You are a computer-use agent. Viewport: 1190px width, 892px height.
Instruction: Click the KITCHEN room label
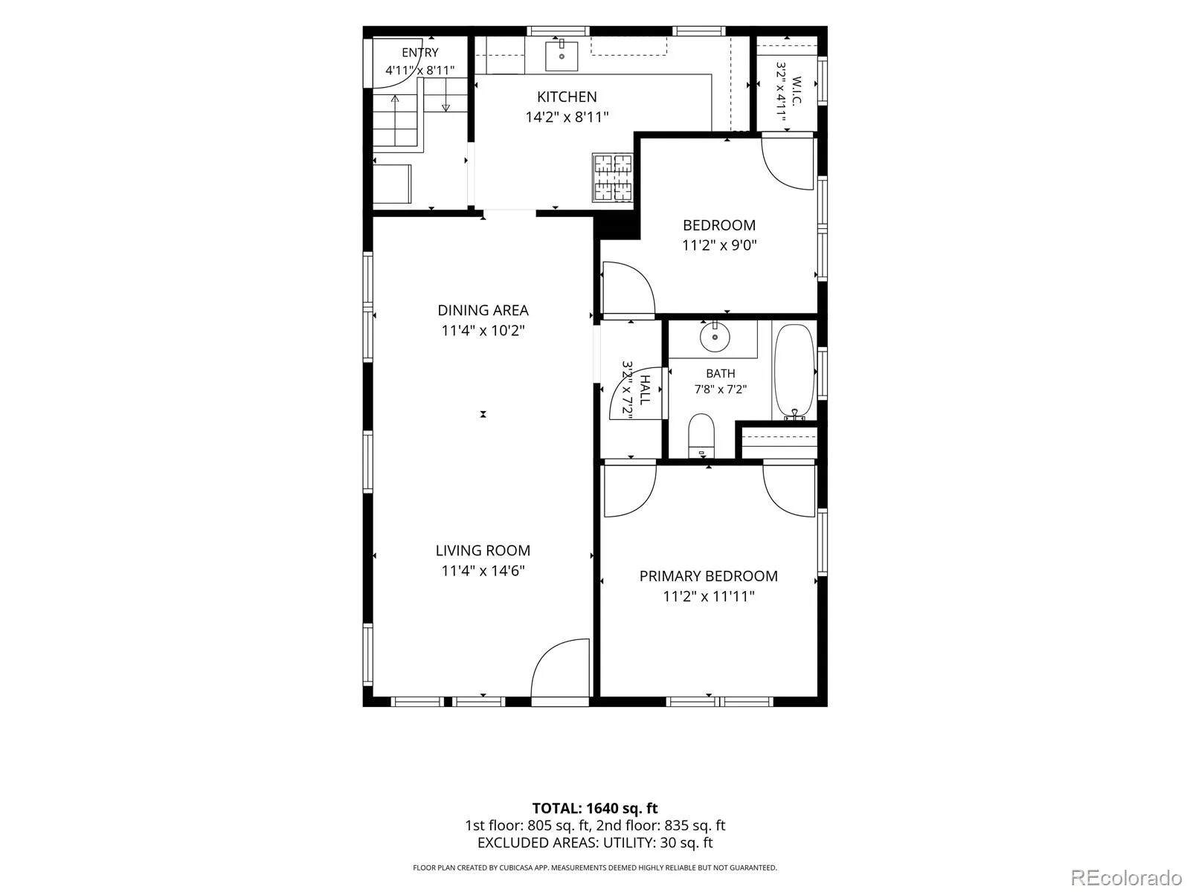pos(567,97)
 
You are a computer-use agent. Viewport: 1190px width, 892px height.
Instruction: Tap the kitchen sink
pos(561,56)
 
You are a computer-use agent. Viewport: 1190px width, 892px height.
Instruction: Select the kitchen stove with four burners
pos(613,178)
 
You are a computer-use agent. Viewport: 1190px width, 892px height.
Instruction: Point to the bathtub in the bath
pos(794,372)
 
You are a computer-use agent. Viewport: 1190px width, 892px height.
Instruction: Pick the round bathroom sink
pos(715,337)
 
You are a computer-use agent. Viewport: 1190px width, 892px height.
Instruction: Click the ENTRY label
pos(419,53)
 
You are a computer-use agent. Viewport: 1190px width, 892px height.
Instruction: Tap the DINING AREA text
pos(483,310)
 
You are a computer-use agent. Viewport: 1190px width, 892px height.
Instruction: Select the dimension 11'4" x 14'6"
pos(483,571)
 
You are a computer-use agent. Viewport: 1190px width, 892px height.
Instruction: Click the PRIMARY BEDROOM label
pos(708,576)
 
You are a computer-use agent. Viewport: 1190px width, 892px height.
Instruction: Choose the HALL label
pos(645,390)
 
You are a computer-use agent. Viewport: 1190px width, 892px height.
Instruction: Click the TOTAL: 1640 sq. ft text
pos(595,808)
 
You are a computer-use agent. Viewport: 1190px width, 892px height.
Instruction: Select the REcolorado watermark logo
pos(1127,877)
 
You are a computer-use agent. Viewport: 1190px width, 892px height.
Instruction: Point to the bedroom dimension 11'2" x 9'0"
pos(719,245)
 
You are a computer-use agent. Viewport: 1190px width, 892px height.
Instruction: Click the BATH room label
pos(721,374)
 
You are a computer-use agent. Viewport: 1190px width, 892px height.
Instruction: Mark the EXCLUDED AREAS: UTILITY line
pos(595,843)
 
